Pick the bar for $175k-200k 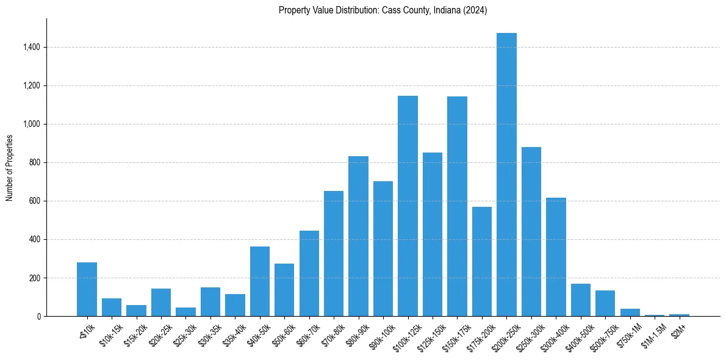tap(482, 262)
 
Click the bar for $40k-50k tap(260, 281)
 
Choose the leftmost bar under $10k tap(87, 289)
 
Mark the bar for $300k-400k tap(556, 257)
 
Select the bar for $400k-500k tap(581, 300)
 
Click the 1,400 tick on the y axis tap(32, 47)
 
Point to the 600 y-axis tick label tap(34, 201)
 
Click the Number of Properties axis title tap(10, 167)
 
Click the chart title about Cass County tap(383, 10)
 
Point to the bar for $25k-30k tap(185, 312)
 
